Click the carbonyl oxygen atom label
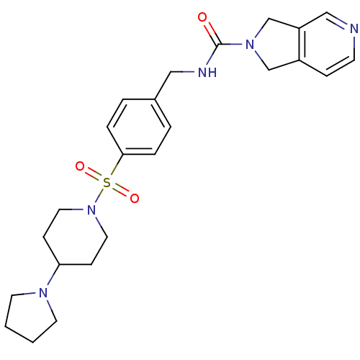(x=202, y=17)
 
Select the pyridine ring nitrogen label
(x=354, y=29)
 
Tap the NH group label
(x=207, y=72)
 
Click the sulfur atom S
(x=107, y=183)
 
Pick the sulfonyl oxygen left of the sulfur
(x=80, y=166)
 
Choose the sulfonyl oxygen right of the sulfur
(x=135, y=198)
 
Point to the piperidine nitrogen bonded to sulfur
(x=91, y=210)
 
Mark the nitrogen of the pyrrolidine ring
(x=43, y=292)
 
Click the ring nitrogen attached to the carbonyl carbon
(x=250, y=45)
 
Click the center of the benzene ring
(x=139, y=127)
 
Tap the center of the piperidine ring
(x=76, y=237)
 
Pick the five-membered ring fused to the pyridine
(x=275, y=44)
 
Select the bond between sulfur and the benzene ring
(x=116, y=166)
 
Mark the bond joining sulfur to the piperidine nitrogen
(x=99, y=197)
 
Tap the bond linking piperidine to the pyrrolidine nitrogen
(x=53, y=276)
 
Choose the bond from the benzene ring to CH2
(x=163, y=85)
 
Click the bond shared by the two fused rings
(x=300, y=44)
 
